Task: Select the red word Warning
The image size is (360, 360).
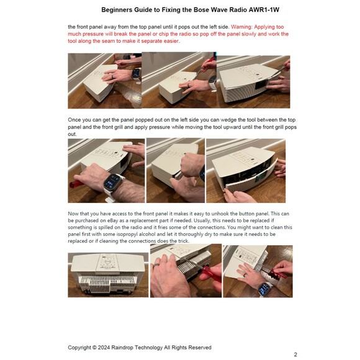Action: coord(243,27)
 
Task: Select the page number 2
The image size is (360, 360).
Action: coord(295,354)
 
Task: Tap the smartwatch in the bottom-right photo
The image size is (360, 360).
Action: coord(265,289)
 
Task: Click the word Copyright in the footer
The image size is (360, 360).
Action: coord(82,348)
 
